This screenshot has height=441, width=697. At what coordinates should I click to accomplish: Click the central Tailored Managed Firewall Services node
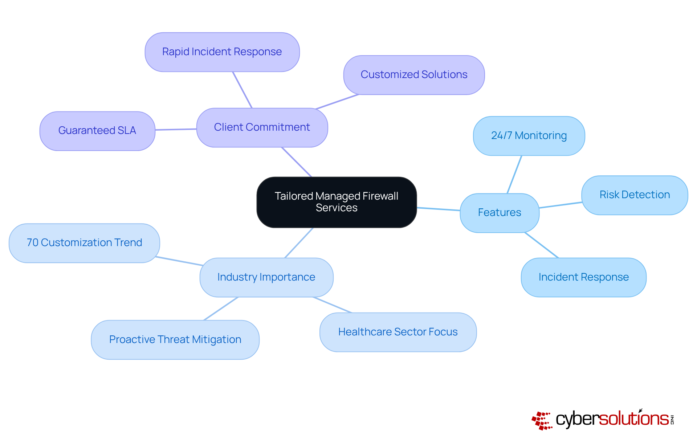click(x=337, y=202)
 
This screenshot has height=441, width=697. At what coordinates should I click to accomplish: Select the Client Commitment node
click(x=262, y=127)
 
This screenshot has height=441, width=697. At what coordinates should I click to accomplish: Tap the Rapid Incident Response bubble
click(x=222, y=52)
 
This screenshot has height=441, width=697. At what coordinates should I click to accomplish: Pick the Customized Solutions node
click(x=414, y=75)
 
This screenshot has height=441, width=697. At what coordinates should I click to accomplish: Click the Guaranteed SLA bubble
click(x=97, y=131)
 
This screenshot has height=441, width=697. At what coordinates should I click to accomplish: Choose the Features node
click(x=500, y=213)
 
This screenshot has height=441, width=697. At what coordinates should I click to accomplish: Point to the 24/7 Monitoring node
click(x=529, y=136)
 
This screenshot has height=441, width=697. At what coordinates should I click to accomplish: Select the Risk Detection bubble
click(x=635, y=195)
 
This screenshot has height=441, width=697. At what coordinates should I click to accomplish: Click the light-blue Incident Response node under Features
click(x=583, y=277)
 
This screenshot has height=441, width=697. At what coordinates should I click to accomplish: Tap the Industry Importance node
click(x=266, y=277)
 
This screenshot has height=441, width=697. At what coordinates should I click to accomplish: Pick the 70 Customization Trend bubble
click(x=84, y=243)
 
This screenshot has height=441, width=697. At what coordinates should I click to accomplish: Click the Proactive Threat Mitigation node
click(x=175, y=340)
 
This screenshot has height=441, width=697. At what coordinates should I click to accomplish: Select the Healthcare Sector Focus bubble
click(x=398, y=332)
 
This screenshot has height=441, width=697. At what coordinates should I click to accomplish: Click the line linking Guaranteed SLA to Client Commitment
click(x=176, y=129)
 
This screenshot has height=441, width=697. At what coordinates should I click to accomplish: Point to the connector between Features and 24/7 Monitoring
click(x=514, y=174)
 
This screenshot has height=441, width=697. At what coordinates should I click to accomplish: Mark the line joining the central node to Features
click(x=438, y=209)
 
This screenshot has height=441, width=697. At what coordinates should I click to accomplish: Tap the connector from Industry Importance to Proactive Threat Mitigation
click(x=221, y=309)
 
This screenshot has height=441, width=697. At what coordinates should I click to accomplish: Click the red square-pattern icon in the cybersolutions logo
click(x=542, y=420)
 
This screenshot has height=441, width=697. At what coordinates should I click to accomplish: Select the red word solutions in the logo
click(x=633, y=419)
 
